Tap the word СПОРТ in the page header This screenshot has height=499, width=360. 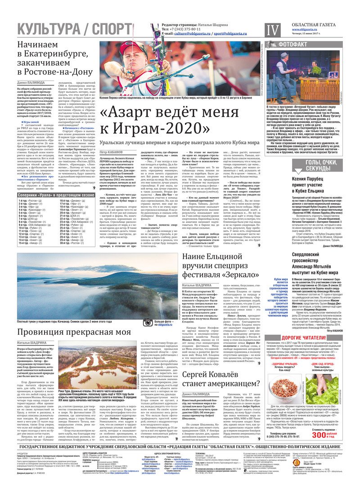coord(110,29)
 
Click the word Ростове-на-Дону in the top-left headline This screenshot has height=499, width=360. coord(55,72)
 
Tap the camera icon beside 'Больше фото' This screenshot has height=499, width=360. coord(147,322)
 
